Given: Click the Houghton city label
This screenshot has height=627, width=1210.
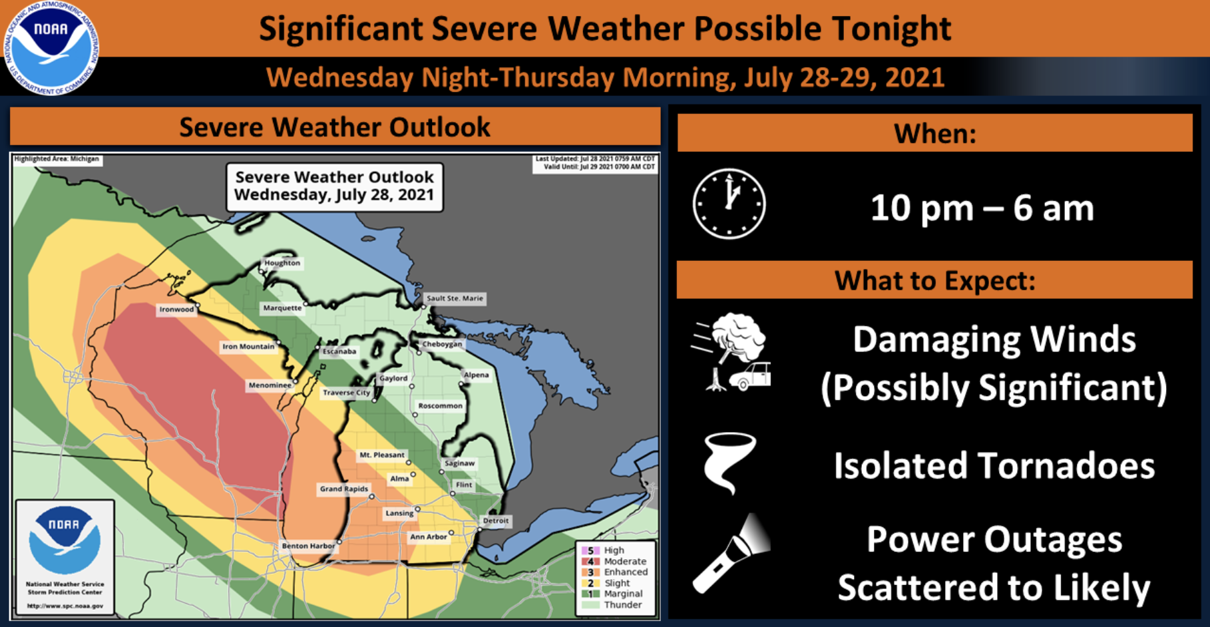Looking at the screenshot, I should pos(282,263).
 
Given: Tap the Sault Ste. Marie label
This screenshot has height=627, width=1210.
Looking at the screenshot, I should pos(455,298).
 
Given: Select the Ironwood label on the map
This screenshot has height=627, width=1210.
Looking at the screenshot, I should pos(176,310).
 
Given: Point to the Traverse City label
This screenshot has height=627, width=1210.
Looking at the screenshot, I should pos(346,393).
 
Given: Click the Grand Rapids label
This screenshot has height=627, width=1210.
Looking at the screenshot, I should pos(343,489).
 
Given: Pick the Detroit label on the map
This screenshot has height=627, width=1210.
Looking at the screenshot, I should pos(496,521).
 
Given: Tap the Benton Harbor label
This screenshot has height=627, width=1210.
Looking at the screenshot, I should pos(308,546).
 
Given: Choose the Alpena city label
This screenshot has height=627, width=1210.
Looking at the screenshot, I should pos(477,375).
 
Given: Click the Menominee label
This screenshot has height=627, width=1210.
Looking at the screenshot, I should pos(270,385).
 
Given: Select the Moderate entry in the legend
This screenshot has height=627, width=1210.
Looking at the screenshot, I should pos(624,561).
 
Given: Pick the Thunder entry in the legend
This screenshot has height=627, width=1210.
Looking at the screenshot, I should pos(622,605).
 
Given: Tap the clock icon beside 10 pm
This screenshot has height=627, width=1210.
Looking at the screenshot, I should pos(729,204).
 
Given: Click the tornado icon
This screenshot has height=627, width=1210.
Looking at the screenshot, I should pos(730,463).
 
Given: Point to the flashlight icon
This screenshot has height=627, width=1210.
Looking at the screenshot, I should pos(731,554).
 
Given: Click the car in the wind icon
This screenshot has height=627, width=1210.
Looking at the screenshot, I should pos(751,377).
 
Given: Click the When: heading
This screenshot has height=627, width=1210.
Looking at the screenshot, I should pos(934,134).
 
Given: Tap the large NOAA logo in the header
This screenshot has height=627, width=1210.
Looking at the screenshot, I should pos(51,48).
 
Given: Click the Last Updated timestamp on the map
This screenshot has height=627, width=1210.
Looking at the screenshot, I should pos(595,159).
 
